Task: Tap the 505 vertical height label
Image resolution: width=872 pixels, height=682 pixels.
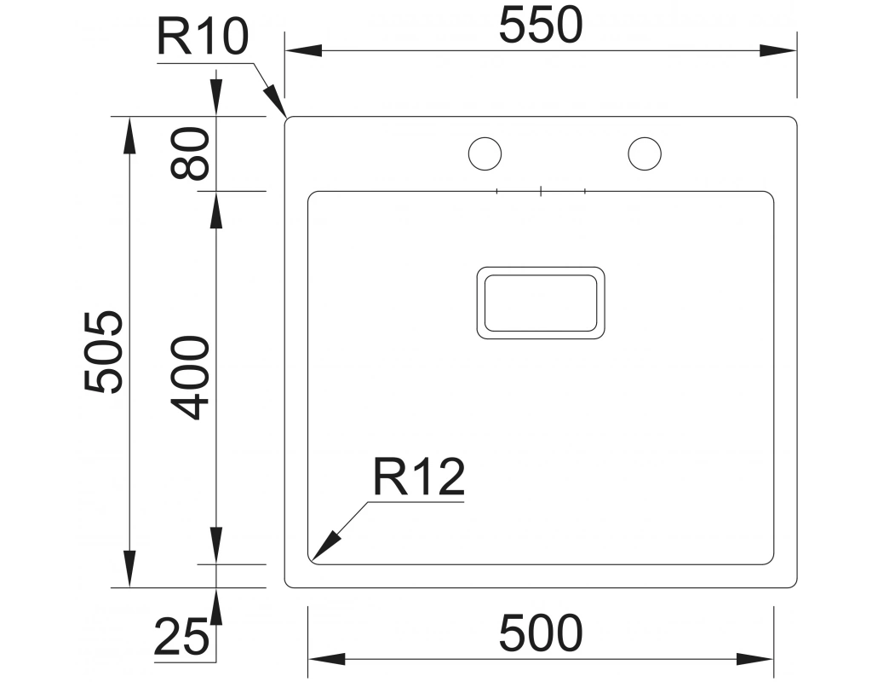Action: click(105, 352)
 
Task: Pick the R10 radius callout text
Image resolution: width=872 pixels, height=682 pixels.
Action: click(202, 38)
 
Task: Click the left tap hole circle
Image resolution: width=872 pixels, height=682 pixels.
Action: click(485, 153)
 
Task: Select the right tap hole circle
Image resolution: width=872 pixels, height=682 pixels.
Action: click(644, 153)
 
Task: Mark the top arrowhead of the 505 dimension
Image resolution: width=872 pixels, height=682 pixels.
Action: click(129, 133)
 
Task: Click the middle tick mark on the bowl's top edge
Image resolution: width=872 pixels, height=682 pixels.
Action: click(541, 191)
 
